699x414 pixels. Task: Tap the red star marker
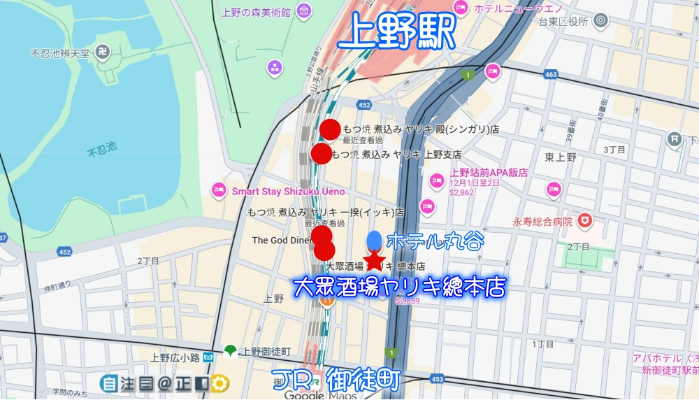coord(375,260)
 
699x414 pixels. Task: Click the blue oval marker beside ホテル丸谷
coord(374,240)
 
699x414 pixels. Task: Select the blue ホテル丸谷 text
coord(434,241)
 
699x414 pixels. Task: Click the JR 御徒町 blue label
coord(336,378)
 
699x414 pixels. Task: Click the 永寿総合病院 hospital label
coord(542,222)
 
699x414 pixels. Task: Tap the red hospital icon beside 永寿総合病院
coord(584,222)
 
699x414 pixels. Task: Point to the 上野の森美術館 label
coord(257,12)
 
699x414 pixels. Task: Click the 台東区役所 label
coord(559,22)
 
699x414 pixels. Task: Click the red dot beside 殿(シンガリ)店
coord(330,129)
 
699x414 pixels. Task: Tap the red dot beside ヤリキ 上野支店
coord(321,154)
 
